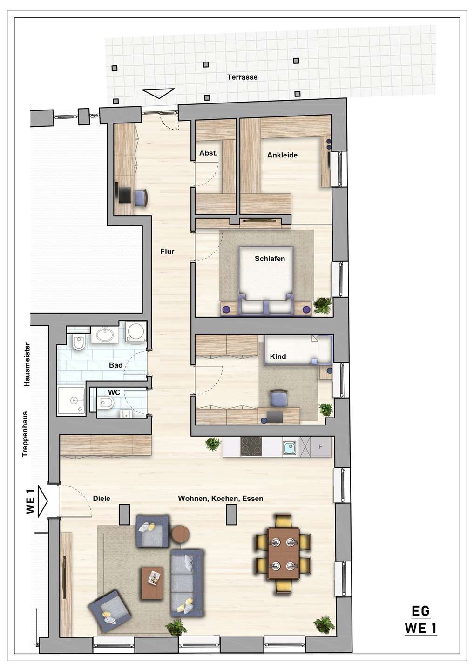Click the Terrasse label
242,77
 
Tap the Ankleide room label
282,155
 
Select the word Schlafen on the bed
270,259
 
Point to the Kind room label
278,356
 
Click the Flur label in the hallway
167,252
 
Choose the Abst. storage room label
208,153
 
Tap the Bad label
116,365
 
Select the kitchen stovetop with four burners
251,446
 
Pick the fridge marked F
321,446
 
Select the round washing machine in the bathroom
136,332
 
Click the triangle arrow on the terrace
159,93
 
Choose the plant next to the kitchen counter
213,444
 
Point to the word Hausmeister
27,364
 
